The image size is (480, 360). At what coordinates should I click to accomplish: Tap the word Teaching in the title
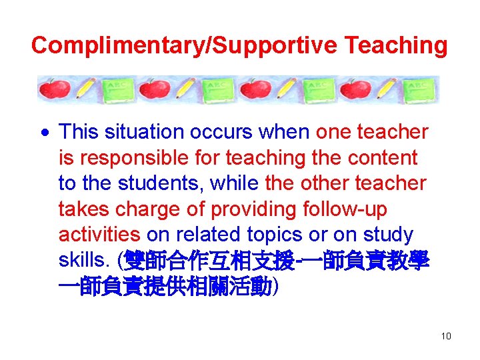[396, 45]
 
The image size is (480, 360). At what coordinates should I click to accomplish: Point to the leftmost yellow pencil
[87, 89]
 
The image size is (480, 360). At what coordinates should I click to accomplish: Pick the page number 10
[446, 336]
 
